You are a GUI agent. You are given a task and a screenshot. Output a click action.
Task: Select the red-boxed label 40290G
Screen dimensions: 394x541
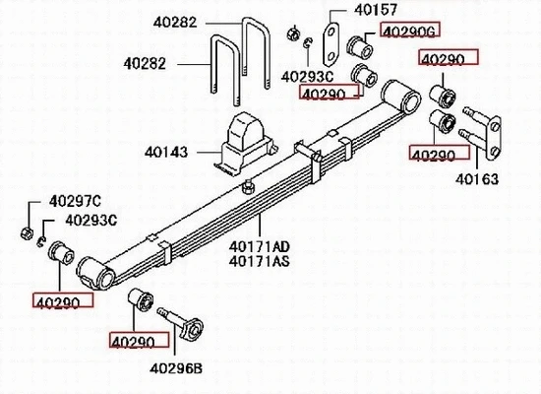[x=405, y=33]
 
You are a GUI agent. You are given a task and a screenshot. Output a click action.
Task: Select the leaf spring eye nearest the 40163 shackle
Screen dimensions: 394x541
[x=403, y=94]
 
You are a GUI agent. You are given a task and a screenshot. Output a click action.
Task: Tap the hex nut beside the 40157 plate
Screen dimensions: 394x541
[x=292, y=35]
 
